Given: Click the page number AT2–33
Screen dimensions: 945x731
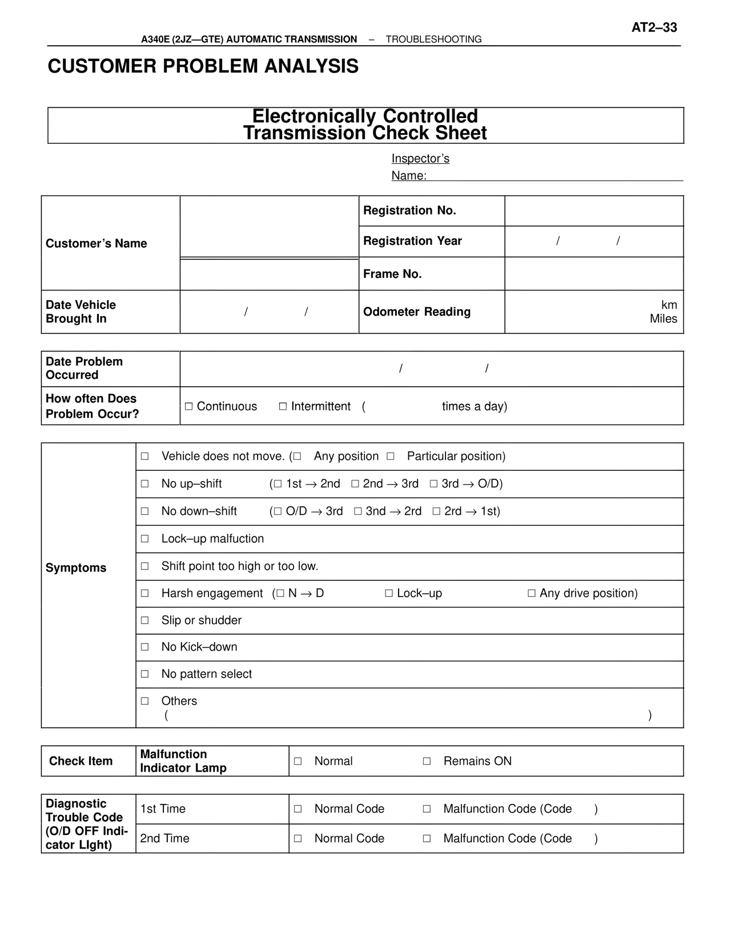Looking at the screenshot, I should coord(654,27).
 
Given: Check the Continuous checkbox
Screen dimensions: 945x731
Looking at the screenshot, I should coord(188,406).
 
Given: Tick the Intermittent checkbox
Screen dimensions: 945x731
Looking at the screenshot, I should coord(283,406).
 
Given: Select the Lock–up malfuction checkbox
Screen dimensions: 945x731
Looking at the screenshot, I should coord(145,539).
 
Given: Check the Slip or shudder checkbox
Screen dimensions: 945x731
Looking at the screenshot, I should coord(145,620).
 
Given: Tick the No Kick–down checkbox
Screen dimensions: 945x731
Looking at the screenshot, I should coord(145,647).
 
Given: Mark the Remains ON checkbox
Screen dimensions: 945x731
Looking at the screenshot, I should coord(427,761).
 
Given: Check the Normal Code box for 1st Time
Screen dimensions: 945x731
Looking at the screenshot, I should coord(298,809).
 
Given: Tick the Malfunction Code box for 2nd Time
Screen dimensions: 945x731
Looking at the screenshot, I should coord(427,839).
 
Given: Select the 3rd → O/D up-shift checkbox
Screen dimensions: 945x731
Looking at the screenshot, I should coord(433,484).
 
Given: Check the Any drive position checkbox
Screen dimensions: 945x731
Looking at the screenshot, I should coord(532,593).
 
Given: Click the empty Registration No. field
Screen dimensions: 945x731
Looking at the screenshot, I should coord(594,211).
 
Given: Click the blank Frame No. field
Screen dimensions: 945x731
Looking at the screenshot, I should coord(594,274).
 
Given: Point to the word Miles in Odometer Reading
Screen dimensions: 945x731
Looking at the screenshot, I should coord(663,319).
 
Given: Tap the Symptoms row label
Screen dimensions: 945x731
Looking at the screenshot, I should coord(76,568).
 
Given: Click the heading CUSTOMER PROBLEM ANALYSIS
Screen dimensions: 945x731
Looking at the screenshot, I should coord(203,66).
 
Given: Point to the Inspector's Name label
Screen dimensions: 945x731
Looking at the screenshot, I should coord(420,167).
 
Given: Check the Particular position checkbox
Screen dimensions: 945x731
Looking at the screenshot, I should coord(391,457).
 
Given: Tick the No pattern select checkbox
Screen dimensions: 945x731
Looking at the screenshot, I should coord(145,674).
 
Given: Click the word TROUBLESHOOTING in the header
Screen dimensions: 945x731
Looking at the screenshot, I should coord(433,39).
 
